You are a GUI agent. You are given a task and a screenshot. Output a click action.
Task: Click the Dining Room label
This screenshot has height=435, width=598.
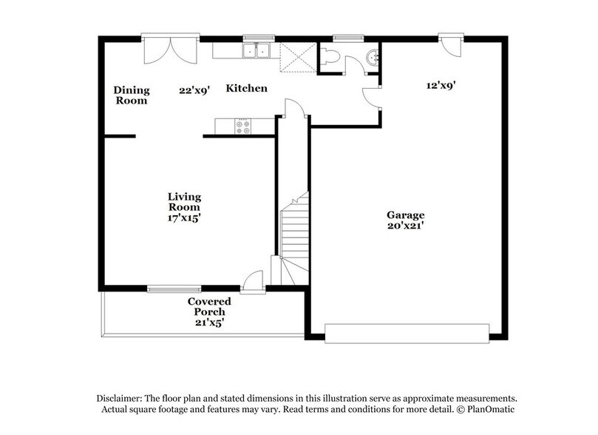[131, 95]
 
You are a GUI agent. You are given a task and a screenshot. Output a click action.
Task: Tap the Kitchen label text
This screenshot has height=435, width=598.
[246, 88]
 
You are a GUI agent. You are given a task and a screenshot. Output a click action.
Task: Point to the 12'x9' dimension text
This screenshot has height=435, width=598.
[441, 85]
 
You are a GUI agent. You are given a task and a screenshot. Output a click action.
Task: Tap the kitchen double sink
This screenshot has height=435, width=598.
[256, 51]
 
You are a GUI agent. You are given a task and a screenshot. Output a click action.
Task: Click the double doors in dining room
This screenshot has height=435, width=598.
[170, 50]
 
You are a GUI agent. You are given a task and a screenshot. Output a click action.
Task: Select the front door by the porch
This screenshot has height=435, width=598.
[254, 280]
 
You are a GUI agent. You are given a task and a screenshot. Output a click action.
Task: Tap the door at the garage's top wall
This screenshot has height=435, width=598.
[448, 45]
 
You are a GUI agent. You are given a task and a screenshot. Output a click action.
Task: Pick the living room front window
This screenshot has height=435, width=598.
[173, 288]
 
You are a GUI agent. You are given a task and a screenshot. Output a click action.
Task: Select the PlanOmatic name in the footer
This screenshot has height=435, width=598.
[486, 409]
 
